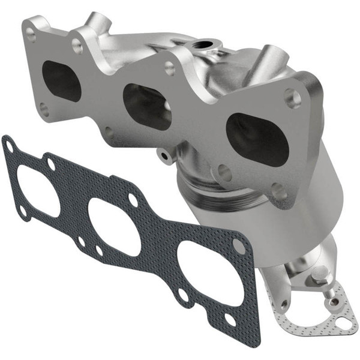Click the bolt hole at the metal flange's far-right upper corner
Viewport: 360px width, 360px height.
[293, 98]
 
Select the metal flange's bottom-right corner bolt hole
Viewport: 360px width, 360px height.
[278, 191]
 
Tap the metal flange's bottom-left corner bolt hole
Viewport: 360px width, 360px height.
[44, 109]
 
